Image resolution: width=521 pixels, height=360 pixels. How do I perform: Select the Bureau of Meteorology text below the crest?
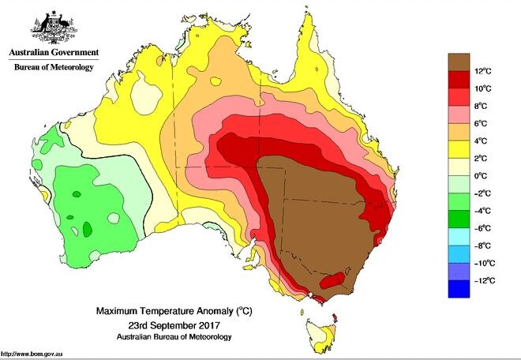(x=54, y=68)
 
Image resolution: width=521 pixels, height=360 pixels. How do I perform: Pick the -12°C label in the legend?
(x=483, y=280)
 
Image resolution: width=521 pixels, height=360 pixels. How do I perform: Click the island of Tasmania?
(x=321, y=332)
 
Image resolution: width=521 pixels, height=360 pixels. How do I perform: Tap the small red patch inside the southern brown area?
(x=332, y=279)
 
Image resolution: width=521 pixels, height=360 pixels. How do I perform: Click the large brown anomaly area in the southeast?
(x=316, y=213)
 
